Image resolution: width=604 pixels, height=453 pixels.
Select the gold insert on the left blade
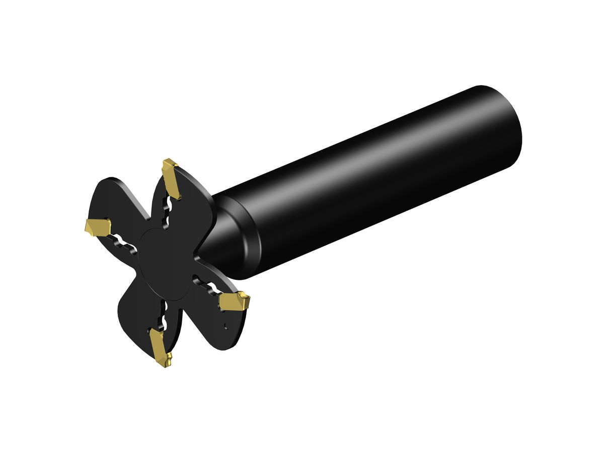(x=99, y=228)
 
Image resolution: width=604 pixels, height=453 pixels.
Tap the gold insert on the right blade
(x=234, y=302)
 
